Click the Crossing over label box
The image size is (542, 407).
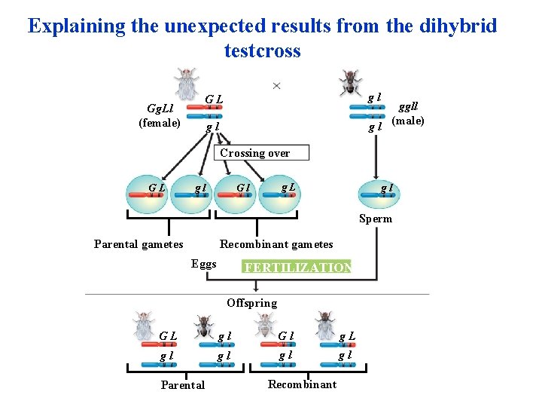(x=254, y=153)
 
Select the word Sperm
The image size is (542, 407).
(x=375, y=219)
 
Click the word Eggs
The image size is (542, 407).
(x=204, y=264)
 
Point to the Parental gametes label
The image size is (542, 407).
(x=139, y=244)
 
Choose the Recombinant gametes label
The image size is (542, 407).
(x=276, y=244)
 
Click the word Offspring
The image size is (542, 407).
(x=251, y=303)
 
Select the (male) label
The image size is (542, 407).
(x=409, y=121)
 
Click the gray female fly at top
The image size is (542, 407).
(x=187, y=82)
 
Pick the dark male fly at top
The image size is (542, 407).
(x=349, y=82)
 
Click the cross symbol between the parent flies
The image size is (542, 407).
(x=276, y=86)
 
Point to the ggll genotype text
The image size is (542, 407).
(x=409, y=107)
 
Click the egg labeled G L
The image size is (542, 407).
(x=148, y=197)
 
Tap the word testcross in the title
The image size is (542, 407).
(x=262, y=51)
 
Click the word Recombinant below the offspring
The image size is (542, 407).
(x=302, y=384)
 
